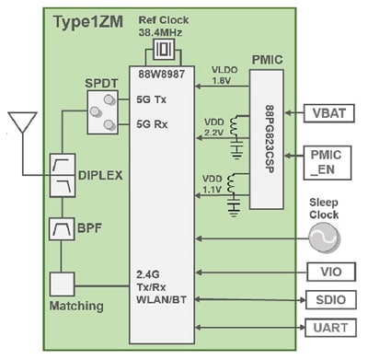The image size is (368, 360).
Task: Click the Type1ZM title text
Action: [x=93, y=20]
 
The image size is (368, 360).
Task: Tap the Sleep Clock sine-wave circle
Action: [x=322, y=238]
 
